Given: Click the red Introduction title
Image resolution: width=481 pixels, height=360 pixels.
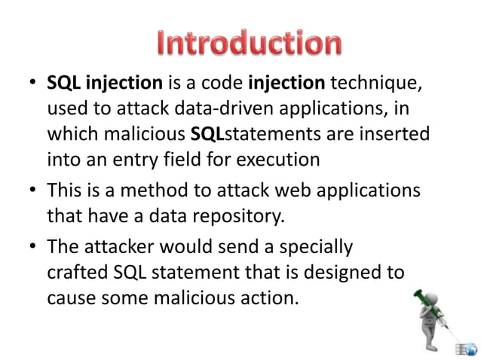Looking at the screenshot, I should click(x=249, y=43).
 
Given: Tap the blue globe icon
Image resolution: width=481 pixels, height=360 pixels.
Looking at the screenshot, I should click(x=470, y=349).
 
